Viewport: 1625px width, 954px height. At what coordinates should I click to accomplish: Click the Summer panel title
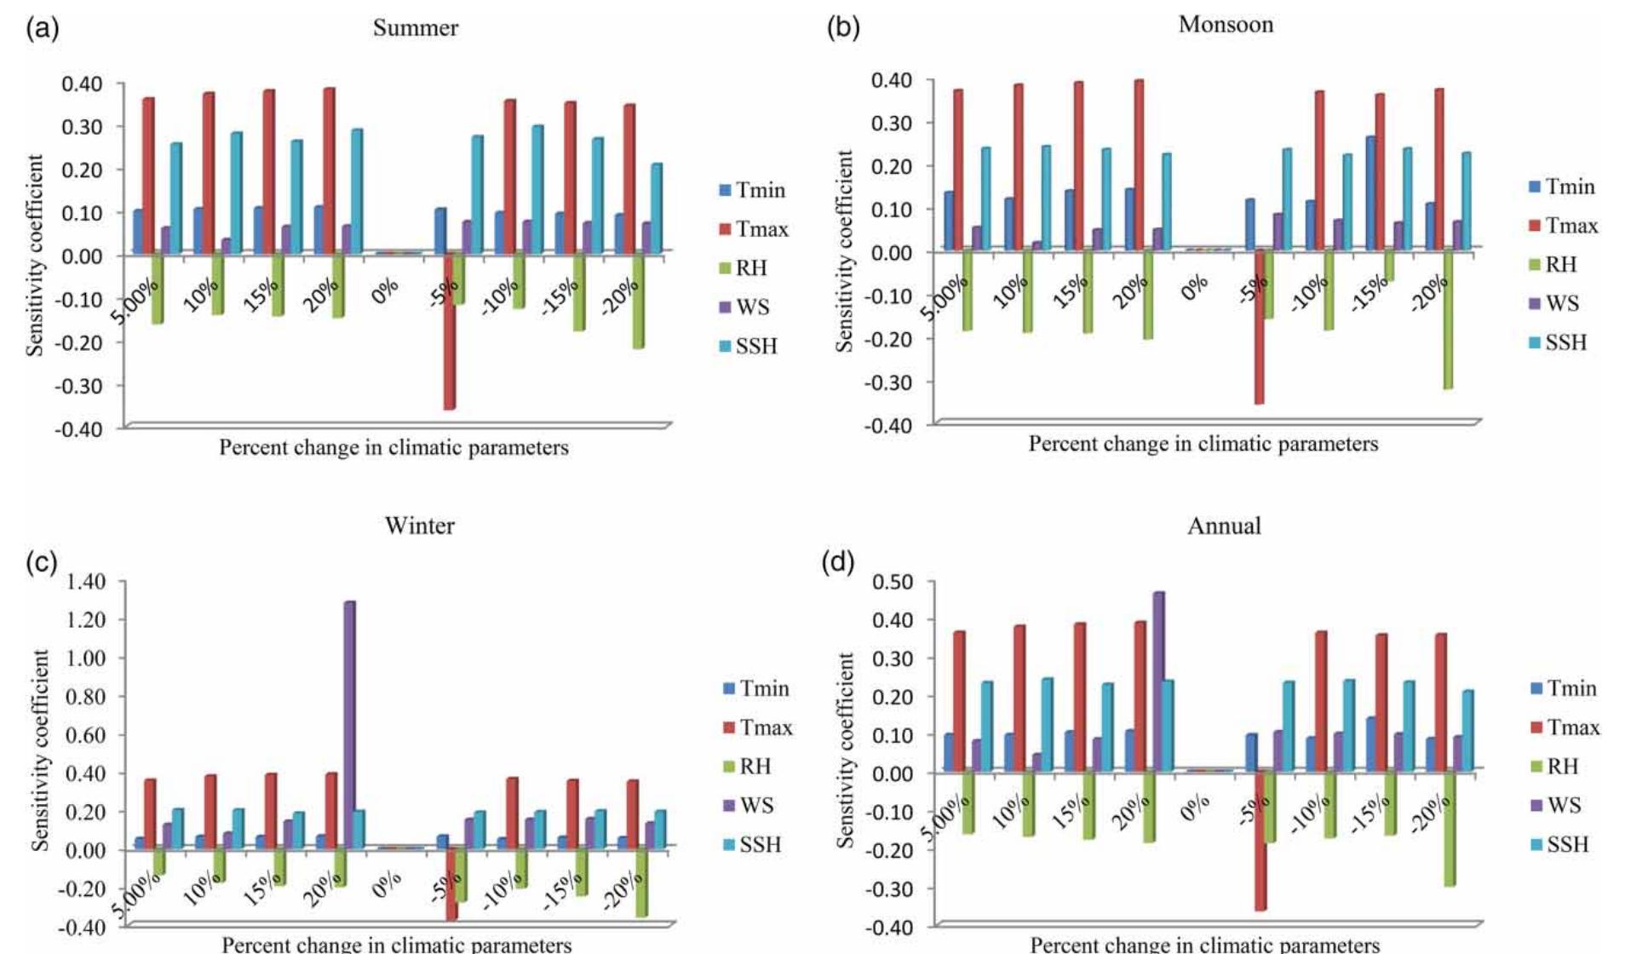pyautogui.click(x=416, y=28)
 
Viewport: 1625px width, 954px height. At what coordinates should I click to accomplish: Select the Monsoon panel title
pyautogui.click(x=1226, y=25)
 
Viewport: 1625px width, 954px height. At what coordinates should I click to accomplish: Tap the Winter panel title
pyautogui.click(x=419, y=526)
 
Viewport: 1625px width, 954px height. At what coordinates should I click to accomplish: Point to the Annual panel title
pyautogui.click(x=1224, y=526)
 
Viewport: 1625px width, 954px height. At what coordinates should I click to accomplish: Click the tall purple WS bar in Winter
pyautogui.click(x=349, y=724)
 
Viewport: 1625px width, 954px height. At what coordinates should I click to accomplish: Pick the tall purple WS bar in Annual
pyautogui.click(x=1158, y=681)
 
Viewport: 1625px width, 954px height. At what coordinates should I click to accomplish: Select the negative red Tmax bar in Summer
pyautogui.click(x=449, y=332)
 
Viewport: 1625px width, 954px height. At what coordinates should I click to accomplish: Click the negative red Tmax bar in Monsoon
pyautogui.click(x=1259, y=328)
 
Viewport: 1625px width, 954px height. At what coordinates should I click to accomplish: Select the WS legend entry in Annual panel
pyautogui.click(x=1556, y=806)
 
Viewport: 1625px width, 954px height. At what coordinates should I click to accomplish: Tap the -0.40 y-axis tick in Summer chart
pyautogui.click(x=80, y=428)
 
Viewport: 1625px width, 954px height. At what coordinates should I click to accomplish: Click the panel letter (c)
pyautogui.click(x=42, y=563)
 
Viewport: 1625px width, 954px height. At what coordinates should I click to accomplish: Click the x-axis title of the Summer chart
pyautogui.click(x=393, y=448)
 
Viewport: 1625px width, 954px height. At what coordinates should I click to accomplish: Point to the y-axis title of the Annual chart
pyautogui.click(x=845, y=750)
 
